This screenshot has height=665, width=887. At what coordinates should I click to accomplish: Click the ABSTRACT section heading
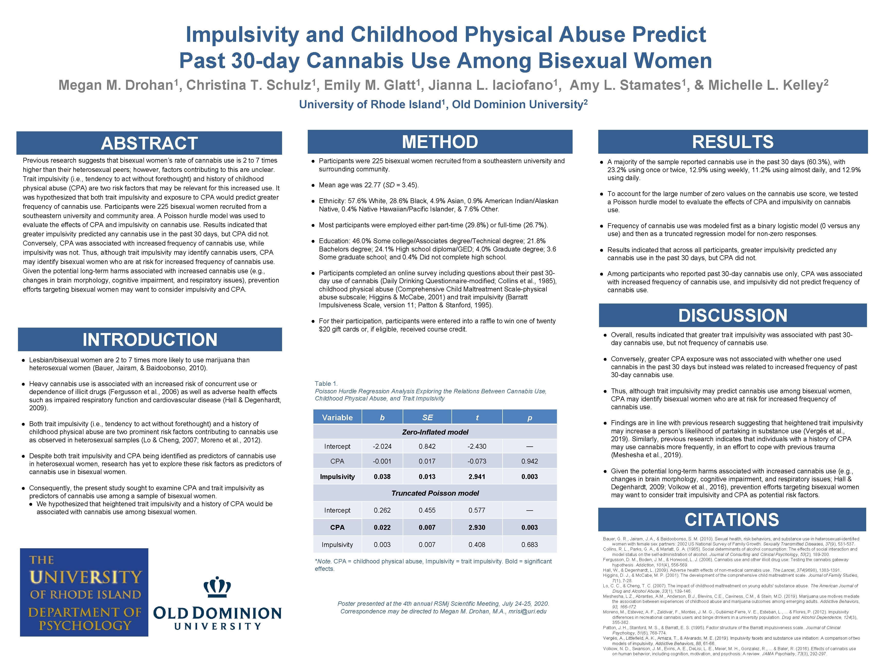(149, 143)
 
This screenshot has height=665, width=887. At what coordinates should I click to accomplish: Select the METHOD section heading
(440, 142)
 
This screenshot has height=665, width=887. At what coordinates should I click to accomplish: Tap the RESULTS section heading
(732, 142)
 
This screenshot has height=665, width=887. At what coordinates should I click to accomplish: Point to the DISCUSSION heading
(732, 316)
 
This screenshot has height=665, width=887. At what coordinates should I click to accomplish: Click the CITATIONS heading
(732, 520)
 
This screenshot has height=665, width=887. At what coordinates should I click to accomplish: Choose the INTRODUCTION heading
(150, 339)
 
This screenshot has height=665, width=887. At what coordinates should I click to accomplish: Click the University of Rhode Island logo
(84, 592)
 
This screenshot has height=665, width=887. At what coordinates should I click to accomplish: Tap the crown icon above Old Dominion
(217, 587)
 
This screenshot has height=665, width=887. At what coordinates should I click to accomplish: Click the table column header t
(477, 417)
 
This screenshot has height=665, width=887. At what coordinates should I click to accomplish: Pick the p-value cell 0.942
(529, 461)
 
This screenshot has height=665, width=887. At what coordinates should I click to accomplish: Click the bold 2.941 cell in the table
(477, 477)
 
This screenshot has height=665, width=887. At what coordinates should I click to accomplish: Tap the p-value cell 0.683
(529, 545)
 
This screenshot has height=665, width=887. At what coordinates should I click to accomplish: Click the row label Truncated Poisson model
(435, 493)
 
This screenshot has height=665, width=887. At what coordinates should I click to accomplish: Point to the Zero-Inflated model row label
(435, 432)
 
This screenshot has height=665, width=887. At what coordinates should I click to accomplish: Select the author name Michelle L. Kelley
(768, 85)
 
